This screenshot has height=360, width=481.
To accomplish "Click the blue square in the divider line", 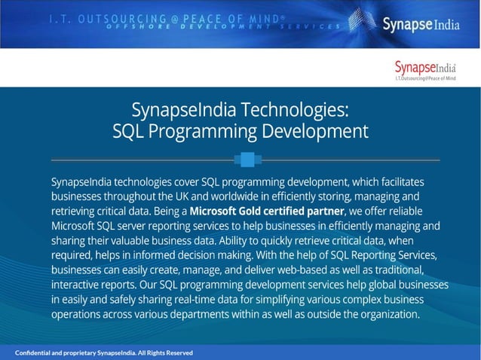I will click(x=244, y=160).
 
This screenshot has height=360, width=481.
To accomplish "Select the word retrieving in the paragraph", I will click(x=77, y=210).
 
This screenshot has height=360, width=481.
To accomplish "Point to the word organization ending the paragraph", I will click(x=384, y=314).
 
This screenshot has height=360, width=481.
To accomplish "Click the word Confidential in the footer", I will click(x=38, y=352).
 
